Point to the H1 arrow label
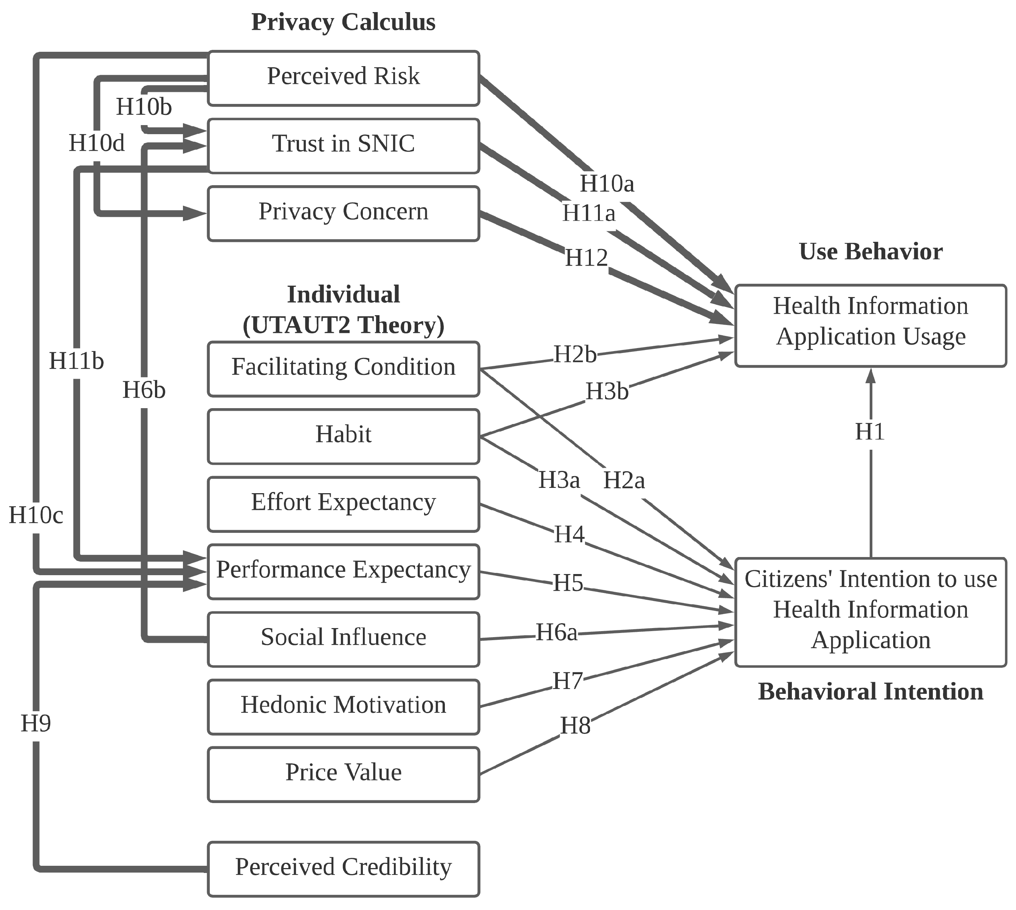870,432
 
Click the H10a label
607,184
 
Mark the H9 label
36,723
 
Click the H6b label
144,390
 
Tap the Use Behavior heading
870,252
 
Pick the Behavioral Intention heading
870,692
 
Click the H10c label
36,515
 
